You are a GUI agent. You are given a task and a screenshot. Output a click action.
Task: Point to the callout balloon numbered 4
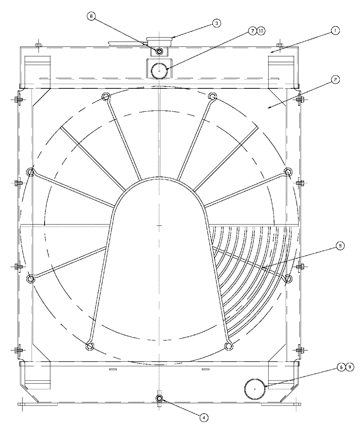click(x=205, y=417)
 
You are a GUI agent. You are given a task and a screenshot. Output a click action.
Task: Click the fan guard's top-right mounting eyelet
click(x=212, y=98)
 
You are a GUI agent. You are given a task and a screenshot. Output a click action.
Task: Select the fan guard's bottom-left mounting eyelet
click(x=90, y=346)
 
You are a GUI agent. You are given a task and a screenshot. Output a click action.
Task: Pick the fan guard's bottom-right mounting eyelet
click(x=229, y=347)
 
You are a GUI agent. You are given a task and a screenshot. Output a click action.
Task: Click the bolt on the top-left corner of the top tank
click(x=38, y=45)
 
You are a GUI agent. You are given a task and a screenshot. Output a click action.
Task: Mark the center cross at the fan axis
click(x=159, y=225)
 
